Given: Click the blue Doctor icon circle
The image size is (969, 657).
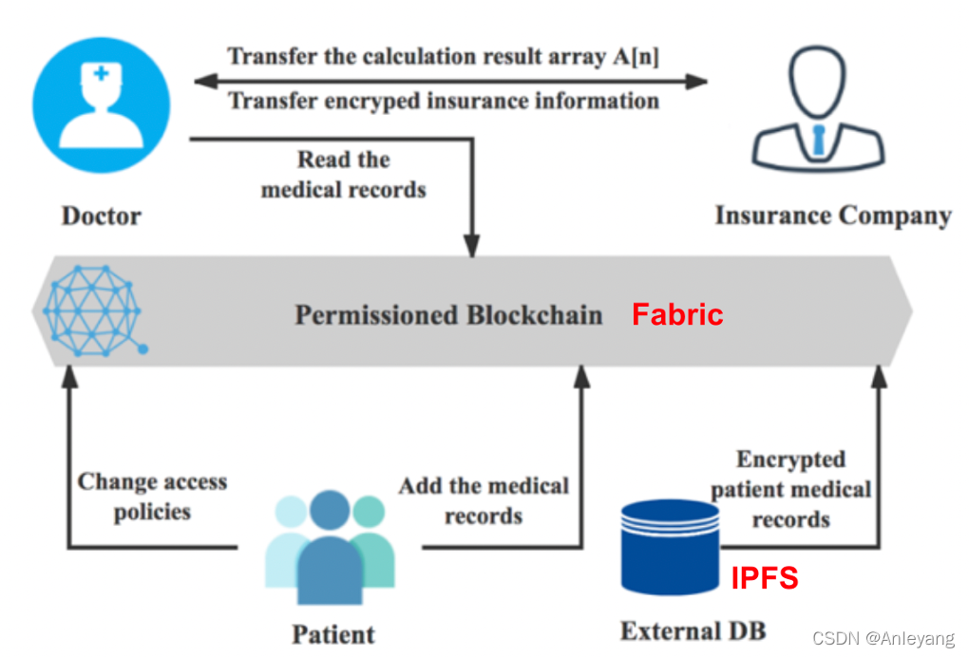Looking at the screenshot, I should (x=101, y=103).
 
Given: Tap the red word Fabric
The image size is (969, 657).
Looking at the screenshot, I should (x=677, y=314).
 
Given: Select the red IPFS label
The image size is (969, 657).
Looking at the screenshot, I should (x=764, y=577).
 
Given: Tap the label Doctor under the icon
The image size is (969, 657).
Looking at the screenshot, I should (x=101, y=216).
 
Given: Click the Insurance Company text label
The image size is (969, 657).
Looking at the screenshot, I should (x=833, y=216).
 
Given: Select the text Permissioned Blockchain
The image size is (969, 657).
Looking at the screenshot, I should (x=448, y=314).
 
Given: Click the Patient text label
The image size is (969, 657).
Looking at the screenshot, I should (x=332, y=633).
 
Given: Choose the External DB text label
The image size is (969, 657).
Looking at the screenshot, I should (x=693, y=630).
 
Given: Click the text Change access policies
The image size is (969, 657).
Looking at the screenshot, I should (x=152, y=497).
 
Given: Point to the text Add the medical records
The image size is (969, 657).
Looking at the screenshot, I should (x=484, y=500).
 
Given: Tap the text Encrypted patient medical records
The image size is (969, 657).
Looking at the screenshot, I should (x=790, y=489).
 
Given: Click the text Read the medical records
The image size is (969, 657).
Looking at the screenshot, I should (x=343, y=174).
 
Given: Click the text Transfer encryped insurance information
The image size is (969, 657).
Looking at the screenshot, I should (x=444, y=100).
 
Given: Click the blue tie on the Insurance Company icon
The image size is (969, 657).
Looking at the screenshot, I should (x=818, y=140).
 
